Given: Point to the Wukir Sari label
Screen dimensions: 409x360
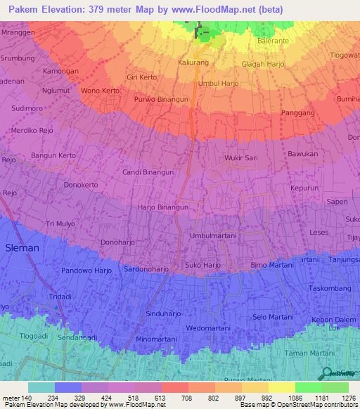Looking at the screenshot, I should point(241,159).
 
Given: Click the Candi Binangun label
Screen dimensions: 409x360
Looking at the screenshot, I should point(148,172).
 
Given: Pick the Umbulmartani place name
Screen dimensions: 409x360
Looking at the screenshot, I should point(213,236).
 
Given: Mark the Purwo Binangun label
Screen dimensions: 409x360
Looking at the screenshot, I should point(161,100).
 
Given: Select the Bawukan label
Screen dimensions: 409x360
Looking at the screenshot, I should point(303,153).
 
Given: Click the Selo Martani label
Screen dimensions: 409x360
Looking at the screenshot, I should point(273,318).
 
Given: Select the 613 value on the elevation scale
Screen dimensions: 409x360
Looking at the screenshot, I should point(160,398).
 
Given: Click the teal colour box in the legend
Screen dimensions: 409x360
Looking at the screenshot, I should point(41,387).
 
